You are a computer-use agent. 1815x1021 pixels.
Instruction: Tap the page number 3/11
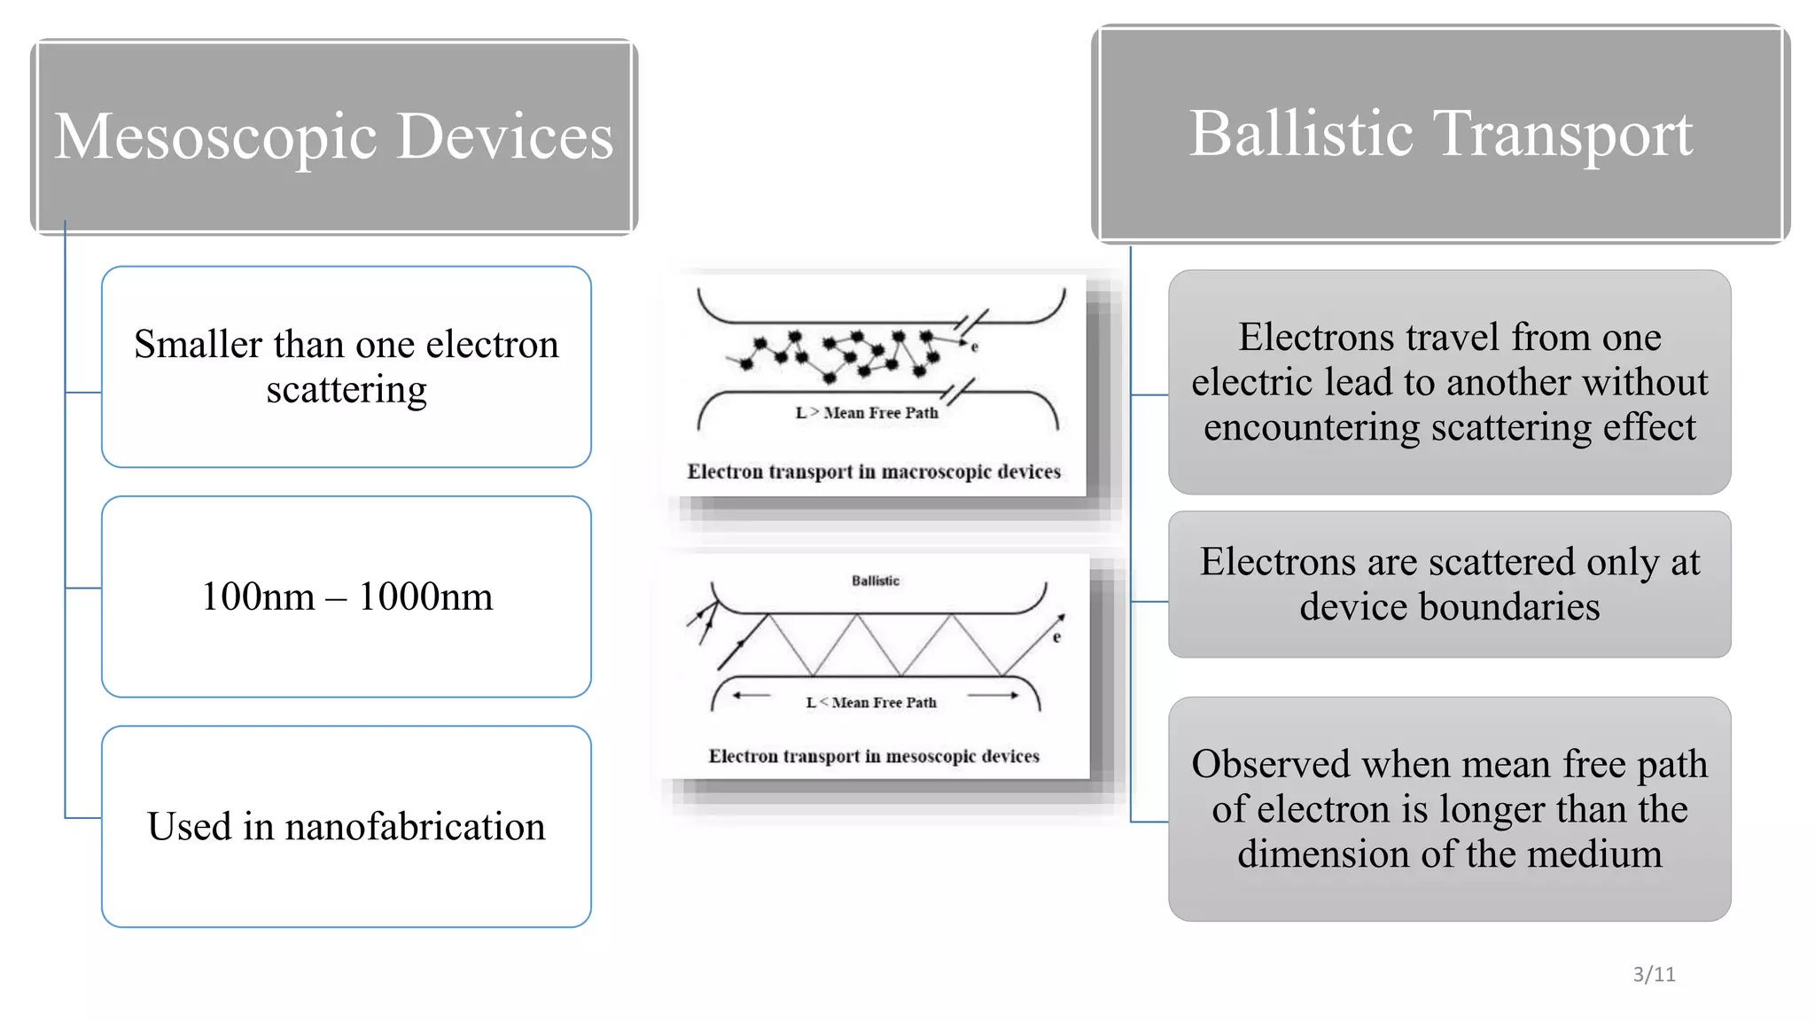[x=1654, y=974]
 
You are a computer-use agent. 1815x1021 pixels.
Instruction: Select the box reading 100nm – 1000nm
[x=347, y=596]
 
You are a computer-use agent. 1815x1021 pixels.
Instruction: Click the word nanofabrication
[x=414, y=826]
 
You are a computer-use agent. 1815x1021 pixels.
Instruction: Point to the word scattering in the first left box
[x=347, y=389]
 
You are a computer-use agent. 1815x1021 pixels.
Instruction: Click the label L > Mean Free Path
[x=867, y=413]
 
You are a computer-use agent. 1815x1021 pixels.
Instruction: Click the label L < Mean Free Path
[x=871, y=703]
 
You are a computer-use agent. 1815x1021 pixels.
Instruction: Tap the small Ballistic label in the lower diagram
[x=876, y=581]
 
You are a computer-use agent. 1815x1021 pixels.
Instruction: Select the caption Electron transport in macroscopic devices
[x=874, y=472]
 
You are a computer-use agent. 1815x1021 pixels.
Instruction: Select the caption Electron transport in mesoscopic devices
[x=874, y=756]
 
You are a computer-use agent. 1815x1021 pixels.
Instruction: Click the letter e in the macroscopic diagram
[x=974, y=347]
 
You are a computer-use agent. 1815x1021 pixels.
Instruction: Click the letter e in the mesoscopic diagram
[x=1056, y=637]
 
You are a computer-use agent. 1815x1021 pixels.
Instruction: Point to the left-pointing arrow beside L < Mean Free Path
[x=752, y=696]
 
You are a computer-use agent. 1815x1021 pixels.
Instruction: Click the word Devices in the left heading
[x=504, y=137]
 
